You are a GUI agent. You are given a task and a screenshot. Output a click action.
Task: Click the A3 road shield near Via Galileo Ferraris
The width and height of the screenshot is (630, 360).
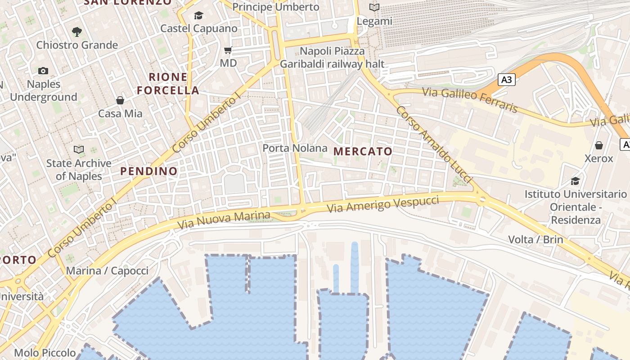507,80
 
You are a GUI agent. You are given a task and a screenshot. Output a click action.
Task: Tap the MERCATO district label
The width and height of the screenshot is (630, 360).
363,152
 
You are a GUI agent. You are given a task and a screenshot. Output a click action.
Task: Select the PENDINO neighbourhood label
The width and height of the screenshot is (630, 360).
149,171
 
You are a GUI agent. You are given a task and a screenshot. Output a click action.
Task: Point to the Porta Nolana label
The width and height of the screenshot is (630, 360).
295,148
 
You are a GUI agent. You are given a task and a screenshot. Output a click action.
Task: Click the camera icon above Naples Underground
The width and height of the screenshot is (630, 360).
43,71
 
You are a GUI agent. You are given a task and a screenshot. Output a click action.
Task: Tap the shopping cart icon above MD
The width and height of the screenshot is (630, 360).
228,50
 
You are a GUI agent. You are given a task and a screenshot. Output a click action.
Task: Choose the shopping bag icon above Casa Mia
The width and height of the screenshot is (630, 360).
120,100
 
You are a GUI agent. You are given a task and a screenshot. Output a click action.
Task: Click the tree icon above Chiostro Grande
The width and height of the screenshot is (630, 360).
77,31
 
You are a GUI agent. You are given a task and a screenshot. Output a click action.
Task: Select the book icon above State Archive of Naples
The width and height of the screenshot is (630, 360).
79,149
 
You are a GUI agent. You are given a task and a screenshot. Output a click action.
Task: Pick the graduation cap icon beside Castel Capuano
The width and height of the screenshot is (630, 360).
198,16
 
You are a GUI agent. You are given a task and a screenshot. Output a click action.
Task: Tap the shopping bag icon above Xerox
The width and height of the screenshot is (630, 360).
599,145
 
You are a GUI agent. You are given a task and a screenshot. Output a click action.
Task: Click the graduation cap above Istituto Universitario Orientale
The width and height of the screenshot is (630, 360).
575,181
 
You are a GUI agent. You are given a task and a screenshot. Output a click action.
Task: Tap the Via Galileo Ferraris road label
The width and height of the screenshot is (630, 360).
469,100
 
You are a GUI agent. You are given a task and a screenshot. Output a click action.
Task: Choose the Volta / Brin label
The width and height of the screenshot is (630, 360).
535,239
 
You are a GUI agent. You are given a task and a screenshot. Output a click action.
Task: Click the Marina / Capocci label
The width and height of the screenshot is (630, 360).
107,271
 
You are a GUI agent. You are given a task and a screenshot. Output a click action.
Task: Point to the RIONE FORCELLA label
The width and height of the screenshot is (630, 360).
168,84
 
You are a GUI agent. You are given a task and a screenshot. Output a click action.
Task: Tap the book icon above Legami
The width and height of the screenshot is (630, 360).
374,7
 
